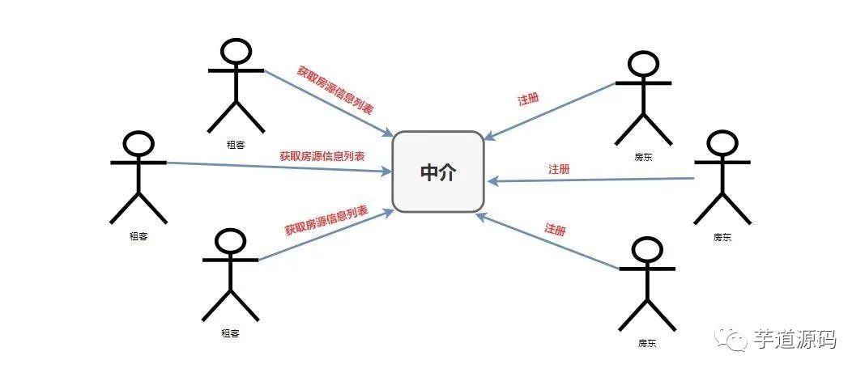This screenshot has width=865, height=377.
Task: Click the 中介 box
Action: click(438, 172)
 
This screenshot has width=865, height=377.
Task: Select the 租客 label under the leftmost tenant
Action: click(138, 236)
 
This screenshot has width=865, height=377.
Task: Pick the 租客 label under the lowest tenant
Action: click(230, 333)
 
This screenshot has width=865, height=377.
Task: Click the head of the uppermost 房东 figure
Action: click(644, 64)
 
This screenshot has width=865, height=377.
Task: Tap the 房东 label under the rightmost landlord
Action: click(722, 237)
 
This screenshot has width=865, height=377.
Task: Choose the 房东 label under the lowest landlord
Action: click(647, 343)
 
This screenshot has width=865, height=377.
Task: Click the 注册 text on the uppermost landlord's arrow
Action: click(528, 100)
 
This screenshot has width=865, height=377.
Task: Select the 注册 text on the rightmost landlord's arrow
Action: click(559, 169)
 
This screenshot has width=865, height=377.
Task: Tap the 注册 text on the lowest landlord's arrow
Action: click(555, 229)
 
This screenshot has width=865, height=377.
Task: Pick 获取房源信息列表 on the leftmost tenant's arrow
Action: click(322, 155)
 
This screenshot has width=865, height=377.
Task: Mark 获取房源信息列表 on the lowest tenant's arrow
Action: click(326, 220)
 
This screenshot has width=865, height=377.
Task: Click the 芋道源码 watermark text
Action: click(795, 339)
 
